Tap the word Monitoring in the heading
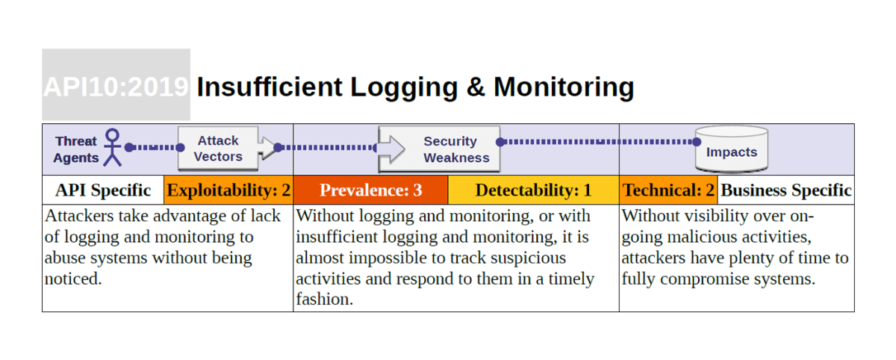[564, 87]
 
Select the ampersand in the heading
[475, 87]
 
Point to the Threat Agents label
[76, 149]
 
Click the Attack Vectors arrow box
[219, 149]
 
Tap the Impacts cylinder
[732, 149]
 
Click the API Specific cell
[103, 190]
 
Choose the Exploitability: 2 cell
[228, 190]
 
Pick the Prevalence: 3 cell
[371, 190]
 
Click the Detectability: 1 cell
[533, 190]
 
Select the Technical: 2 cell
[668, 190]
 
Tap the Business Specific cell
[786, 190]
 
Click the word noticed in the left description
[72, 279]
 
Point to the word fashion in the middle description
[324, 300]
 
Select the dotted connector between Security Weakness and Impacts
[597, 141]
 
